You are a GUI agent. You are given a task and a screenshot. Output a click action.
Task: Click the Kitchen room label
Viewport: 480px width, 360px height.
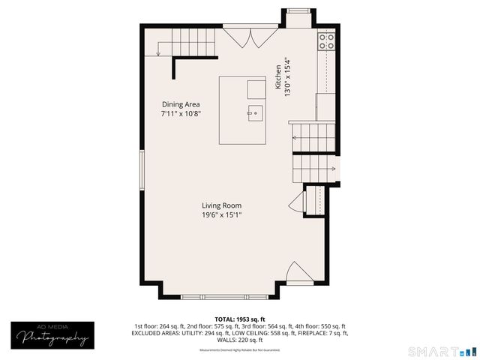point(277,76)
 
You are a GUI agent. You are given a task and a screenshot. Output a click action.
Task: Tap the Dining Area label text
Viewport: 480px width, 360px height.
point(181,104)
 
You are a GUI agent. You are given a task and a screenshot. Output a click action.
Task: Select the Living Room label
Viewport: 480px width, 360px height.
point(221,205)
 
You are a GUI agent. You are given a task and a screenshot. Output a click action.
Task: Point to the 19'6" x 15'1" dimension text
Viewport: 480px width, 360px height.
point(221,215)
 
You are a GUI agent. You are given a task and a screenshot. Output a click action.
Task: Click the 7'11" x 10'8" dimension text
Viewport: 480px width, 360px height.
point(181,114)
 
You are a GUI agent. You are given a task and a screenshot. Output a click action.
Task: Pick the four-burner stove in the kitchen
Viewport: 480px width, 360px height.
point(326,40)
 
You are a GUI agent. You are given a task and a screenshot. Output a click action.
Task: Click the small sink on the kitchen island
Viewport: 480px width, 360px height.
point(255,114)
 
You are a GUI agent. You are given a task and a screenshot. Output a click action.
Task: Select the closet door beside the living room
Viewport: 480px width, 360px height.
point(296,200)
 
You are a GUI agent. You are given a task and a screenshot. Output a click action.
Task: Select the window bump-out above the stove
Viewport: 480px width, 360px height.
point(297,16)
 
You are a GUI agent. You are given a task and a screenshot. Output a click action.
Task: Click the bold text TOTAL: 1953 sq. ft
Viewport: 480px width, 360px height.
point(240,319)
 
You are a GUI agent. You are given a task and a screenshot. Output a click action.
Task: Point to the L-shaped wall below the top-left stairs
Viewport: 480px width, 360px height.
point(187,62)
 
